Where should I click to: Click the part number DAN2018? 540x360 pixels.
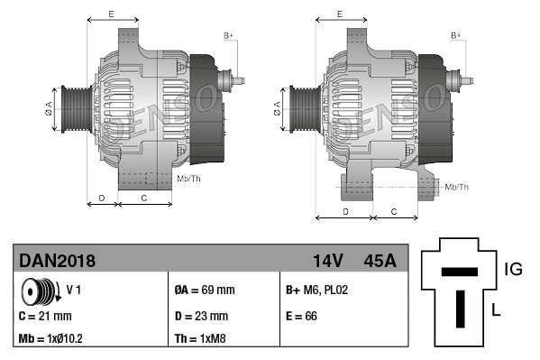point(57,261)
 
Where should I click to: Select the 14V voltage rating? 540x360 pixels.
point(327,261)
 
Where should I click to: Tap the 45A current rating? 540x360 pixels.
point(379,261)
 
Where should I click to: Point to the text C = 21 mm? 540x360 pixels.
point(44,316)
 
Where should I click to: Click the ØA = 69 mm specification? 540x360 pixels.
point(204,291)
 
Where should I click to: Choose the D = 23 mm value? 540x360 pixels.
point(201,316)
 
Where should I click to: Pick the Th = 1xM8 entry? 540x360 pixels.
point(200,340)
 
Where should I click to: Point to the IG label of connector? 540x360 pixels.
point(513,268)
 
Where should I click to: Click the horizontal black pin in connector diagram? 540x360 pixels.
point(459,270)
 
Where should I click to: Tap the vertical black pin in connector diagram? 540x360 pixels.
point(459,308)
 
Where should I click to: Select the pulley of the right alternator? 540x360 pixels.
point(300,110)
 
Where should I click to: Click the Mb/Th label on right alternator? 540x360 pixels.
point(457,187)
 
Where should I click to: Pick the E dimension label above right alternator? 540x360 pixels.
point(339,14)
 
